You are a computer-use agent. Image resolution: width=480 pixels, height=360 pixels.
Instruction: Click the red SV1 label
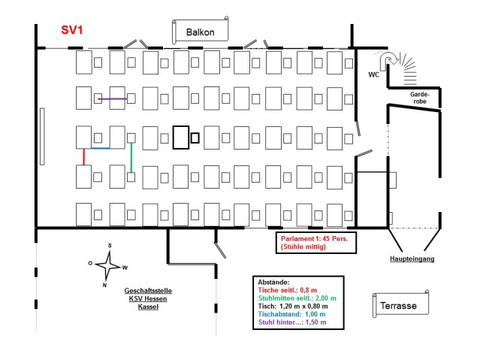point(73,31)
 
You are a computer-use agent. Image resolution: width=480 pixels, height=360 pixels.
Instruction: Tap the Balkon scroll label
point(201,32)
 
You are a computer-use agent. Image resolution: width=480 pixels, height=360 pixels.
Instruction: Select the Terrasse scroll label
point(400,306)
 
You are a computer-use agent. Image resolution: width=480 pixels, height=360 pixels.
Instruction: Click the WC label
point(374,75)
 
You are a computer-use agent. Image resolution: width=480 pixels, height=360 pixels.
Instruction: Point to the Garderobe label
point(419,98)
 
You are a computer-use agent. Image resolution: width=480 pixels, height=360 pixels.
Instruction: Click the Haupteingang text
point(412,259)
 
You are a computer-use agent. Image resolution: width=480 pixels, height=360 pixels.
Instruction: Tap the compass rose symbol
point(109,264)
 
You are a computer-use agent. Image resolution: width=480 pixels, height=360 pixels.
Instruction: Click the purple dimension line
point(112,99)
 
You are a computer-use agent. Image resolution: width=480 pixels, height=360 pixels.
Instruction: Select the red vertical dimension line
point(84,156)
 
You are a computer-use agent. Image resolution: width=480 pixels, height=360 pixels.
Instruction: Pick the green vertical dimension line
point(131,158)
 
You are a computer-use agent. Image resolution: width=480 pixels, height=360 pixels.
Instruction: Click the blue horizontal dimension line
point(101,148)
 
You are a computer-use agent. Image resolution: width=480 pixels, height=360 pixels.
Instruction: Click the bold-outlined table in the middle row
point(180,138)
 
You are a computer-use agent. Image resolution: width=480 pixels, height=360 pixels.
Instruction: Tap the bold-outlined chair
point(195,138)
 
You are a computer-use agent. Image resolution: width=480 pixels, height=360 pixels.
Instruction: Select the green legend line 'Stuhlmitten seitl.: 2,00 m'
point(297,298)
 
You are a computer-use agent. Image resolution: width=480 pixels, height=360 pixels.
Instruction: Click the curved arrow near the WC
point(388,60)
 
